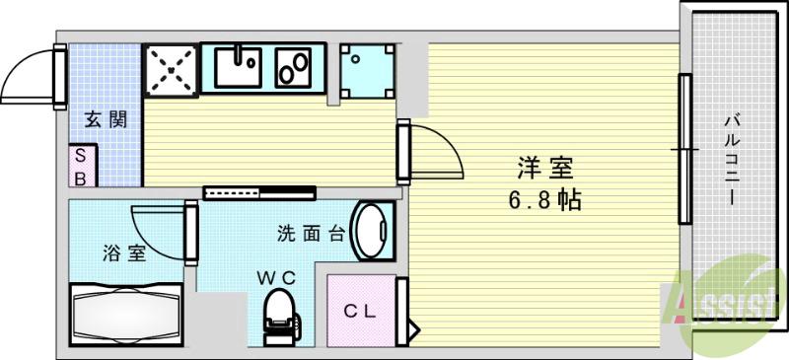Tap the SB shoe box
pyautogui.click(x=82, y=166)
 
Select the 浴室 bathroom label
pyautogui.click(x=125, y=252)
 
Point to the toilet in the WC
pyautogui.click(x=279, y=314)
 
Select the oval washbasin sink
pyautogui.click(x=372, y=231)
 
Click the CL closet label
pyautogui.click(x=360, y=312)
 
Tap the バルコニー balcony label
pyautogui.click(x=733, y=159)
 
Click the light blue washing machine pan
pyautogui.click(x=368, y=70)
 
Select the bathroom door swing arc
pyautogui.click(x=158, y=232)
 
